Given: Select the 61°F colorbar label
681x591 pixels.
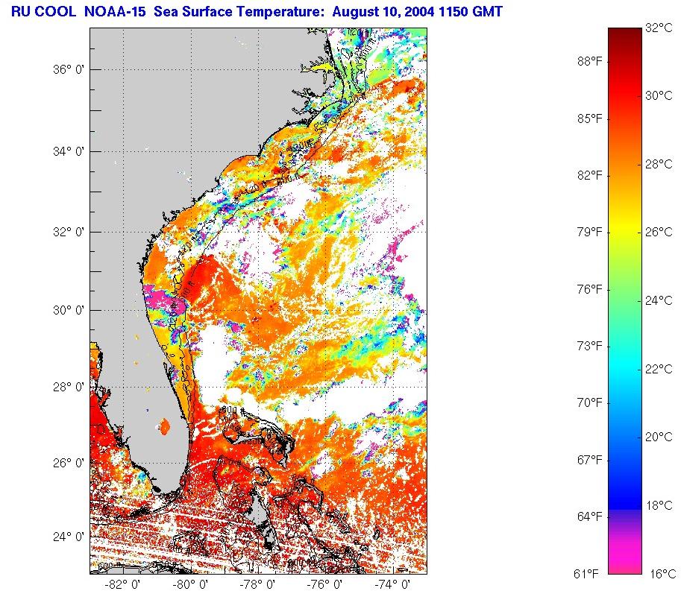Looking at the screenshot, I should coord(587,574).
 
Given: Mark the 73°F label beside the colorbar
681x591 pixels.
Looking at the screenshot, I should coord(589,346).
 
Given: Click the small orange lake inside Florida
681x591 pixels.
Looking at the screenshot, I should coord(164,427).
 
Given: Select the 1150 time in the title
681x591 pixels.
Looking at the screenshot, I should coord(461,12).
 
